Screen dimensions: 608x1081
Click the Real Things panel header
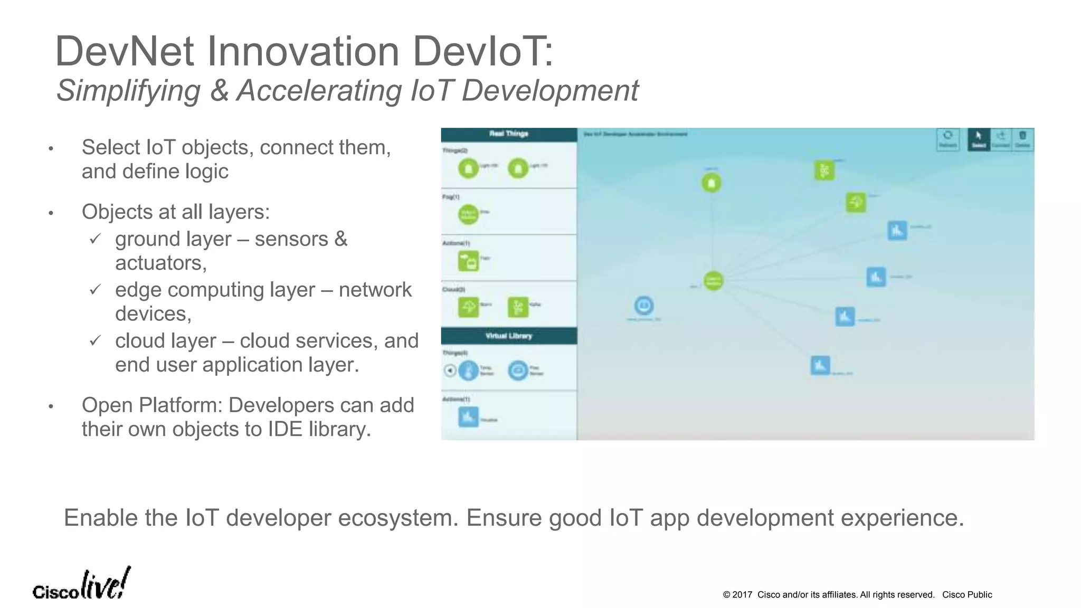click(508, 134)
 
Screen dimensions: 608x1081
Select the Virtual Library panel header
click(508, 336)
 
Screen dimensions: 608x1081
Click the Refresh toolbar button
click(947, 139)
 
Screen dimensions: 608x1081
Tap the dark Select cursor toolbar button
click(978, 139)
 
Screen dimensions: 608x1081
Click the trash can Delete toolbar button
click(1022, 139)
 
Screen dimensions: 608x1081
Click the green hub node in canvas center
click(713, 280)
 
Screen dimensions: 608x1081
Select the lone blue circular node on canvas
click(643, 305)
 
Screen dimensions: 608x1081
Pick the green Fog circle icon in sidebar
click(468, 214)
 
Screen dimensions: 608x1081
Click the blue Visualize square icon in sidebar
click(468, 416)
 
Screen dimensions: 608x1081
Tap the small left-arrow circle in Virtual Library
click(449, 370)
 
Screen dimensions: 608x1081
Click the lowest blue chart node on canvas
click(820, 365)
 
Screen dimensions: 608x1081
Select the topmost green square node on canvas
click(824, 170)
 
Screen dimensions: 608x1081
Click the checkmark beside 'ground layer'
click(95, 239)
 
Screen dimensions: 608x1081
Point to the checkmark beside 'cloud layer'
click(95, 341)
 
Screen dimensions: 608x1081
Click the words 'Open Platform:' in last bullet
click(152, 405)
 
